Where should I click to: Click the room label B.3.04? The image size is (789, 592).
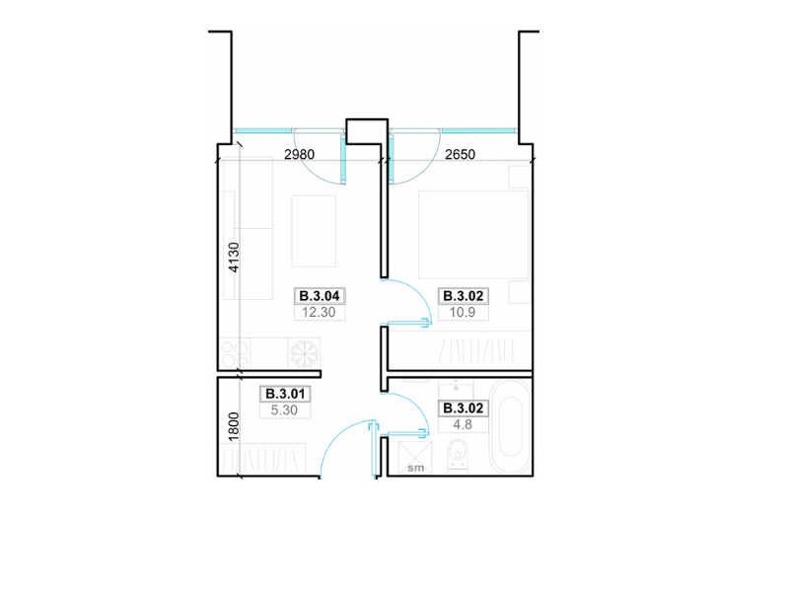pyautogui.click(x=320, y=295)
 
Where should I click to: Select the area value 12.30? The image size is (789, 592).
pyautogui.click(x=319, y=312)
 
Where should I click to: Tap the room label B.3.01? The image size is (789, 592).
pyautogui.click(x=285, y=394)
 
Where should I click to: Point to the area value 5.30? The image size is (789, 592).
pyautogui.click(x=284, y=409)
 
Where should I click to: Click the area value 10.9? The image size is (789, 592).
pyautogui.click(x=463, y=312)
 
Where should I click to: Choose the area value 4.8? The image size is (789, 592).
pyautogui.click(x=463, y=424)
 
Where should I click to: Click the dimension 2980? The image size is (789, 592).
pyautogui.click(x=300, y=154)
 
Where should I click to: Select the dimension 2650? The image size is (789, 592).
pyautogui.click(x=460, y=154)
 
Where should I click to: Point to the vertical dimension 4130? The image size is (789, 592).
pyautogui.click(x=234, y=258)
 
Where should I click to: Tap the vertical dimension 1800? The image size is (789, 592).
pyautogui.click(x=234, y=427)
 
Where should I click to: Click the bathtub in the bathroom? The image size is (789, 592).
pyautogui.click(x=510, y=428)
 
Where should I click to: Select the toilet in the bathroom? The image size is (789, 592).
pyautogui.click(x=458, y=456)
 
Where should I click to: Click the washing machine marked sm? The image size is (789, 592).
pyautogui.click(x=415, y=458)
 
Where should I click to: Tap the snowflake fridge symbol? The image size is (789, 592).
pyautogui.click(x=304, y=353)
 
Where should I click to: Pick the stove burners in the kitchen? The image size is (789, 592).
pyautogui.click(x=235, y=354)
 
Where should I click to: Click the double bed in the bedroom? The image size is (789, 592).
pyautogui.click(x=473, y=234)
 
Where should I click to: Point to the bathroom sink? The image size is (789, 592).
pyautogui.click(x=456, y=391)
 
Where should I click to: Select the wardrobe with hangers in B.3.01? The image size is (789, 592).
pyautogui.click(x=263, y=458)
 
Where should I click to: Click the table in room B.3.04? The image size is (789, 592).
pyautogui.click(x=314, y=231)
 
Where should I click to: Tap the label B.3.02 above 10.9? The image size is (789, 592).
pyautogui.click(x=464, y=295)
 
